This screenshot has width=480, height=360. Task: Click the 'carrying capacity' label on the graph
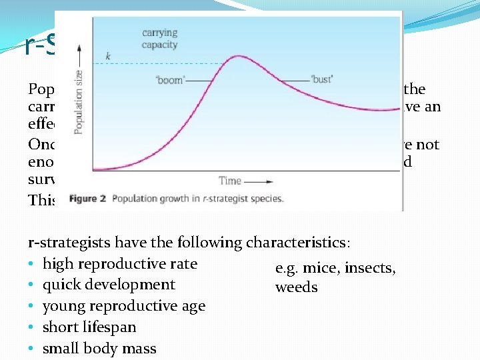click(160, 39)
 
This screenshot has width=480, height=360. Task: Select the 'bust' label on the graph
click(321, 79)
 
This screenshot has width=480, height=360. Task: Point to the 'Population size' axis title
click(79, 102)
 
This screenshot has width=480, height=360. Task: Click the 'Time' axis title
click(229, 180)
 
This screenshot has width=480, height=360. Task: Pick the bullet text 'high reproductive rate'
click(120, 264)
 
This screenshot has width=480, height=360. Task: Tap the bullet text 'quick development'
click(109, 285)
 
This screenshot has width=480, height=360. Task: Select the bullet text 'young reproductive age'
click(124, 306)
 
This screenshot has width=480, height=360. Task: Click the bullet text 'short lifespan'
click(89, 327)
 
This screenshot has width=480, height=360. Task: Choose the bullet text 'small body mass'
click(99, 349)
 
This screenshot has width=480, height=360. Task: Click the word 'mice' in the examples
click(316, 268)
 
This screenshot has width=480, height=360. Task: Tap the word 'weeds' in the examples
click(296, 288)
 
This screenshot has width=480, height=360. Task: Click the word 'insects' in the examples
click(366, 268)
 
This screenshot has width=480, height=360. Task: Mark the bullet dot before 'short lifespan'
click(32, 327)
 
